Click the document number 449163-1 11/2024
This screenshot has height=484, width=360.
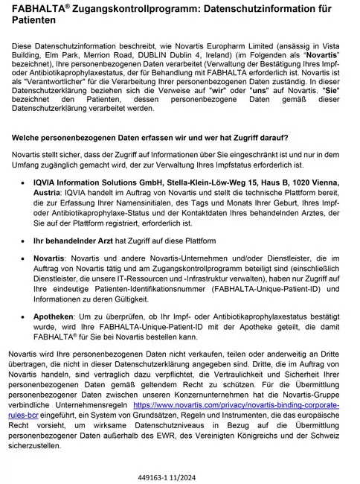click(179, 471)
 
